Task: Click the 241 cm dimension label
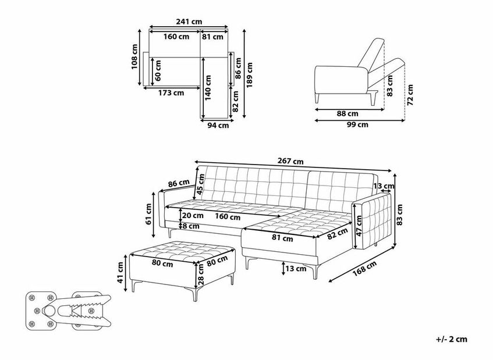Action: coord(189,22)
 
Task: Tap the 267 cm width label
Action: coord(290,161)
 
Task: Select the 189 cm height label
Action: coord(249,76)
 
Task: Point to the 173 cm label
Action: coord(171,93)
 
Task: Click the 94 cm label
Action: coord(218,126)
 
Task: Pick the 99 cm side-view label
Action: coord(357,124)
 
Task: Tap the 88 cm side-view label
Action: coord(347,114)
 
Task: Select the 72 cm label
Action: coord(410,95)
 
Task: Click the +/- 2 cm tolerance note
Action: coord(452,339)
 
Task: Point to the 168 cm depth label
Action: coord(364,269)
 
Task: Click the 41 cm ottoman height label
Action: coord(120,273)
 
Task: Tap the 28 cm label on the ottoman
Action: coord(201,275)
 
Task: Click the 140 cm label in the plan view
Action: coord(208,88)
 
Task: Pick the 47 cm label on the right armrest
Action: coord(359,226)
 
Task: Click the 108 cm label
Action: coord(134,56)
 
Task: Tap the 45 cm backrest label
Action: coord(201,184)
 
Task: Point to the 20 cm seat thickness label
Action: coord(193,216)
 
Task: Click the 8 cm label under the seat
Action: coord(190,226)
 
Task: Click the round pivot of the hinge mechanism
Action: coord(49,311)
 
